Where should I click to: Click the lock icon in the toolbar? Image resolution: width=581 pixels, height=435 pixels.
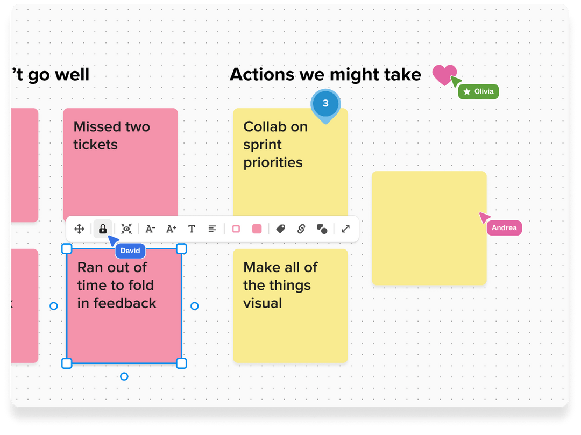tap(103, 229)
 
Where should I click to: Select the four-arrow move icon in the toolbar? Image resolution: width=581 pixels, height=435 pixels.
tap(79, 229)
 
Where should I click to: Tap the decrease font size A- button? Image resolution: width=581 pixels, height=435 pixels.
tap(150, 229)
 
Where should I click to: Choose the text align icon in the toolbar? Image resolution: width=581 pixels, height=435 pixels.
tap(212, 229)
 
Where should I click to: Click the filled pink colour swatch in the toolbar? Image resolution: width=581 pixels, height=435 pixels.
tap(257, 229)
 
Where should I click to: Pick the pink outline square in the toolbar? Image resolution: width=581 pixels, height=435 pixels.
tap(236, 229)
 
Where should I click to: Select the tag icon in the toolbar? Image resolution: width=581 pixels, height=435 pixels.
tap(280, 229)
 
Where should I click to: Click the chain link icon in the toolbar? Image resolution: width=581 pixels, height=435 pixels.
tap(301, 229)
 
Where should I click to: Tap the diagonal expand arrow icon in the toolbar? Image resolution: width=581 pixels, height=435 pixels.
tap(346, 229)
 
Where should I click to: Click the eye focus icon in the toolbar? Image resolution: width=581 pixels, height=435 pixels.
tap(126, 229)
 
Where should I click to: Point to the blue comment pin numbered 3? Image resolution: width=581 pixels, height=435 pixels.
tap(325, 104)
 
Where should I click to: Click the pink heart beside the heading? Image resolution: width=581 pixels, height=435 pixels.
tap(444, 74)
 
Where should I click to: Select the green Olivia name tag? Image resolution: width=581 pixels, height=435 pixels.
tap(479, 91)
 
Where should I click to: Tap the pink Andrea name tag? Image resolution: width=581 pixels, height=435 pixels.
tap(504, 228)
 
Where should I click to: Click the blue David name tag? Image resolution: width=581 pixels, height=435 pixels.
tap(130, 251)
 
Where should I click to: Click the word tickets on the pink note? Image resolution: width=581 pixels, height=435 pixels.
tap(95, 145)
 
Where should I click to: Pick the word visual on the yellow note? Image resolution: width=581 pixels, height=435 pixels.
tap(263, 303)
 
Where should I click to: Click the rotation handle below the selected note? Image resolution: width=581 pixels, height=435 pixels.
tap(124, 376)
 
